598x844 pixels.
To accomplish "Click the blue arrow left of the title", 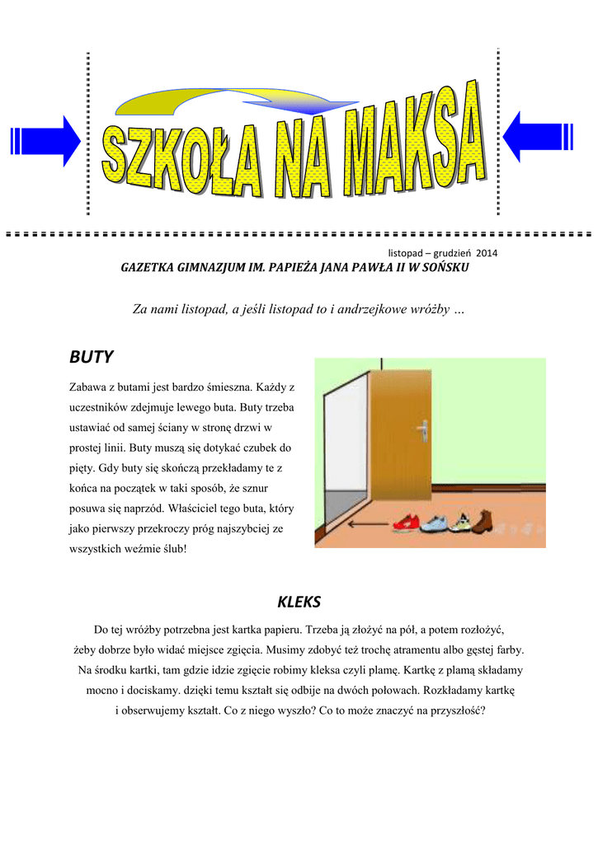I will [45, 141].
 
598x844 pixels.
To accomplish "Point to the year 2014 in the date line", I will [487, 252].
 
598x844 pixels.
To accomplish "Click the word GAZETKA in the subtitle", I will [148, 268].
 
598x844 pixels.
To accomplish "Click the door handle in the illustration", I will [422, 430].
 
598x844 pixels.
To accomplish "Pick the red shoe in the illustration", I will [406, 522].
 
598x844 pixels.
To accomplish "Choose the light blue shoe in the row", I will [434, 522].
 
